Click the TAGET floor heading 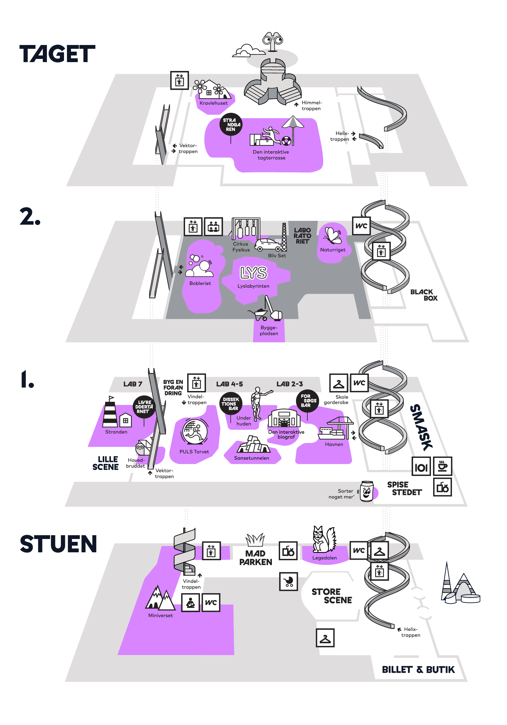(57, 54)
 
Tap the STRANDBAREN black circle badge (231, 124)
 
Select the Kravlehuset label (214, 103)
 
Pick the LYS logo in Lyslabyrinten (253, 273)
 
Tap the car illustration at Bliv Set (268, 245)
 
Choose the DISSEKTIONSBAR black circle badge (231, 404)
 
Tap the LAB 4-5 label (229, 384)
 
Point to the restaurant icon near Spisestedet (421, 466)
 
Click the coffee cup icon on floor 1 (442, 466)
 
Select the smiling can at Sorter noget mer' (367, 491)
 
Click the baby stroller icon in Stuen (288, 581)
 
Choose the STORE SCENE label (332, 596)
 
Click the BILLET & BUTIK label (418, 670)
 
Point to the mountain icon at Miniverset (160, 598)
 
